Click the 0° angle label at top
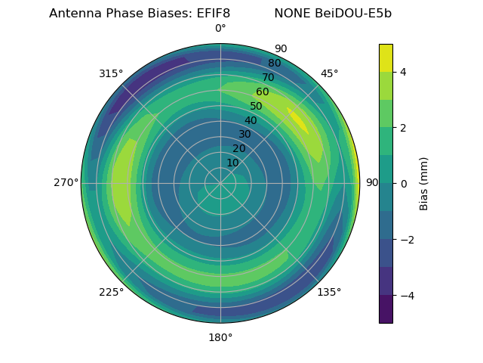(x=220, y=29)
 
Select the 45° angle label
(x=329, y=73)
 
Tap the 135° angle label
(x=329, y=293)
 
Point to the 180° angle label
(x=220, y=337)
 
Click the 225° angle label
(x=111, y=293)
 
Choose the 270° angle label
(x=66, y=183)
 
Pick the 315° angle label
(x=111, y=73)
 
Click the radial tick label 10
(x=233, y=163)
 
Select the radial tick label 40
(x=251, y=121)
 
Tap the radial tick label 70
(x=269, y=77)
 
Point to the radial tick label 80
(x=275, y=64)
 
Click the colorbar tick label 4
(x=404, y=72)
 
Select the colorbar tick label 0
(x=404, y=183)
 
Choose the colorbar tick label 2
(x=404, y=128)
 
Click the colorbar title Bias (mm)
(x=424, y=183)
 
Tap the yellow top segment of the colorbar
(x=386, y=57)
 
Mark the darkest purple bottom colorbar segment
(x=386, y=309)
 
